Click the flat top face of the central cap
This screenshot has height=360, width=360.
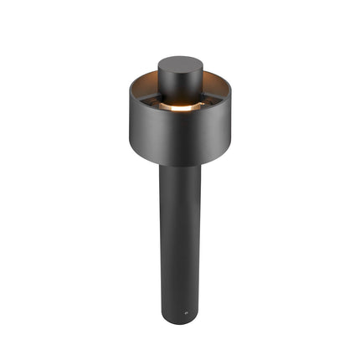pyautogui.click(x=180, y=64)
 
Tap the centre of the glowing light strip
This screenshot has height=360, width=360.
pyautogui.click(x=180, y=108)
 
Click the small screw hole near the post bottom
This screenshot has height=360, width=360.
pyautogui.click(x=186, y=316)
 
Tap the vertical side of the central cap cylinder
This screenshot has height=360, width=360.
pyautogui.click(x=180, y=88)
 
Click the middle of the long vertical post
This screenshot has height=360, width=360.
pyautogui.click(x=180, y=243)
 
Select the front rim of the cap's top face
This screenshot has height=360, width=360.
pyautogui.click(x=180, y=73)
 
